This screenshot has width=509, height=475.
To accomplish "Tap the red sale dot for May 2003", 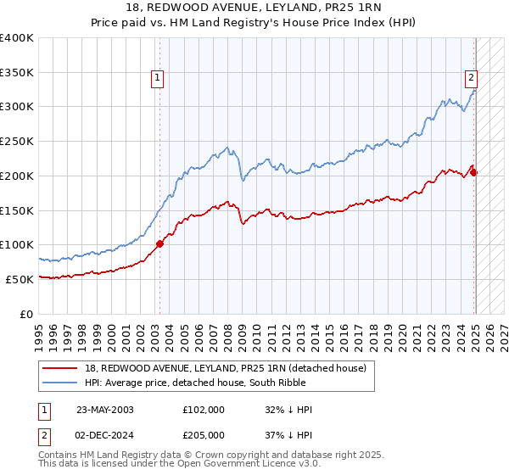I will pyautogui.click(x=159, y=243).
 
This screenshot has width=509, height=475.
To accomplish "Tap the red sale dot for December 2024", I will pyautogui.click(x=474, y=173).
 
